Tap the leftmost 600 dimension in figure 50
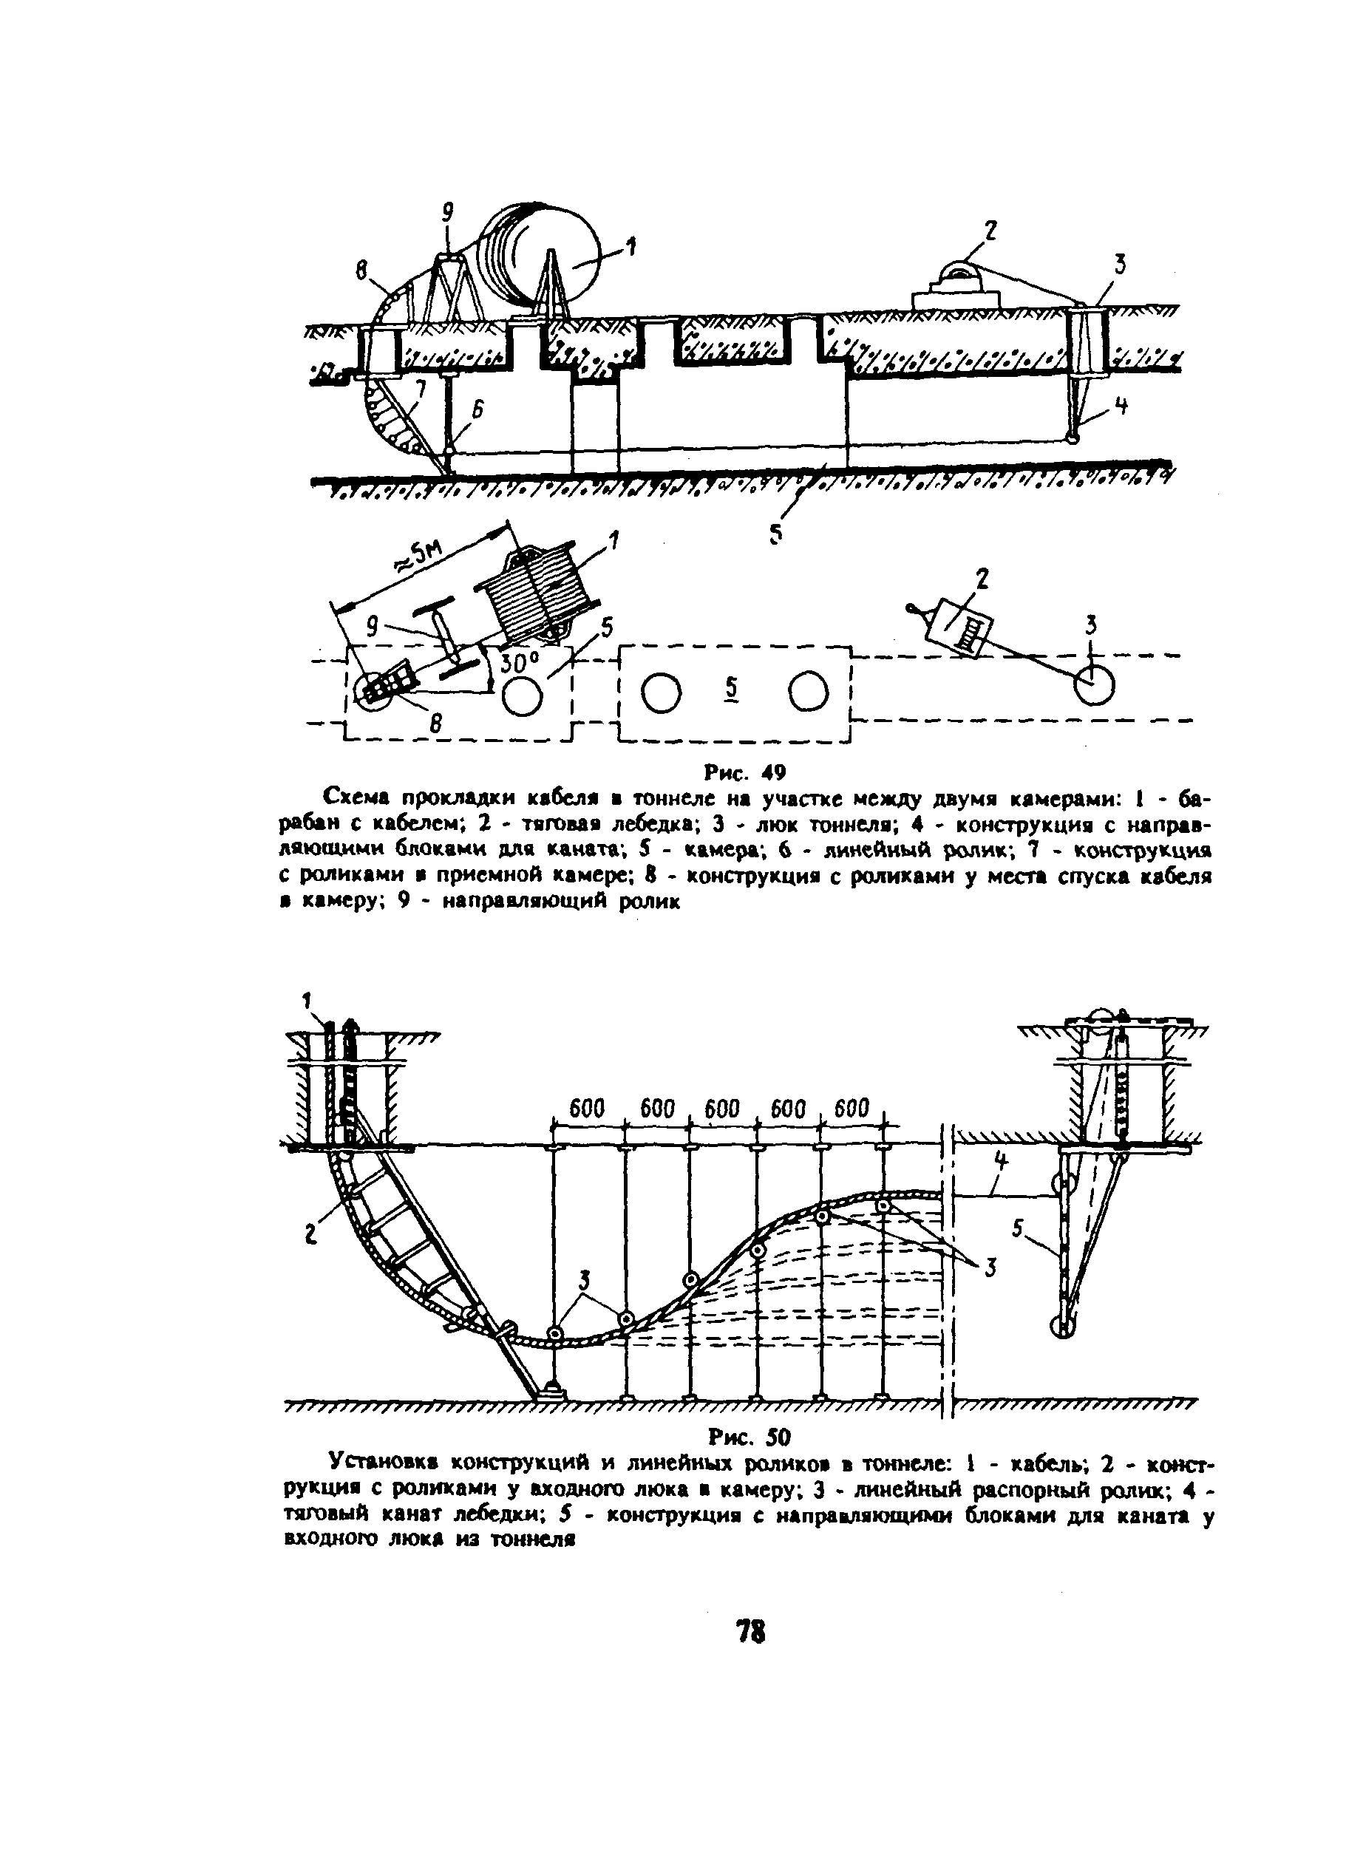pos(587,1109)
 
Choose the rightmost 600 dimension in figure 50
pos(852,1109)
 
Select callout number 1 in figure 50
pos(307,999)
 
